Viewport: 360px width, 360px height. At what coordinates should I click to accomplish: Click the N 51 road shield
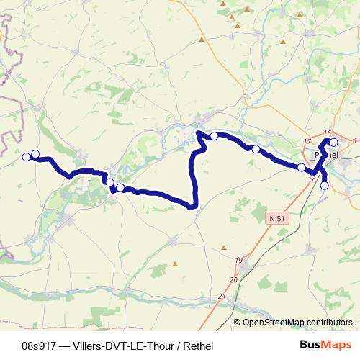click(x=274, y=217)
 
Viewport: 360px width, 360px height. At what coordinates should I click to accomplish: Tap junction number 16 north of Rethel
click(x=328, y=133)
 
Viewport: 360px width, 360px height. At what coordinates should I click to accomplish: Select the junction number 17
click(x=307, y=141)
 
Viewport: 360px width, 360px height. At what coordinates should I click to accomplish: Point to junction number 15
click(x=356, y=140)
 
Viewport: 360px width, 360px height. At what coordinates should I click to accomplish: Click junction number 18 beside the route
click(x=311, y=178)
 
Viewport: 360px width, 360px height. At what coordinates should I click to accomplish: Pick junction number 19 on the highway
click(x=238, y=260)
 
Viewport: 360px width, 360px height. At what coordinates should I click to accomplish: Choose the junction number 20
click(x=233, y=279)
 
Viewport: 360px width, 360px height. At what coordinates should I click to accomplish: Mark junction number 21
click(x=221, y=296)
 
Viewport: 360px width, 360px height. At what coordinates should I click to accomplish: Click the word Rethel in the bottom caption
click(x=199, y=346)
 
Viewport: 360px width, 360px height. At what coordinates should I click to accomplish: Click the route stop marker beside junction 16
click(x=333, y=143)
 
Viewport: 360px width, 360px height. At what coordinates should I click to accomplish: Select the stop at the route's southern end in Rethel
click(x=324, y=186)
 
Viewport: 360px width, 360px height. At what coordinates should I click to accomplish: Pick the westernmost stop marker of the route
click(x=27, y=157)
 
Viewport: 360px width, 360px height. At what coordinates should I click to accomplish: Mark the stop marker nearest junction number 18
click(x=302, y=167)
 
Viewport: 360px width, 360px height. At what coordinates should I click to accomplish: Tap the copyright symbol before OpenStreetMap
click(x=238, y=322)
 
